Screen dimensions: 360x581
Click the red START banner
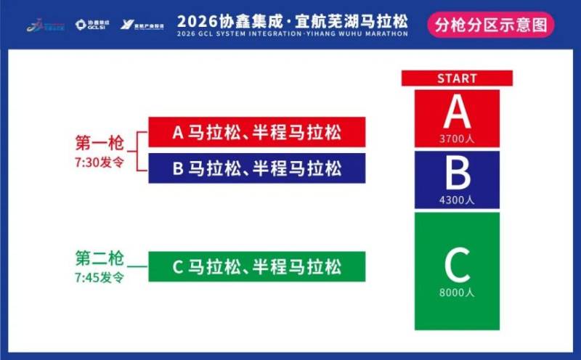457,78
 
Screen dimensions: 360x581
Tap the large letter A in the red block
457,112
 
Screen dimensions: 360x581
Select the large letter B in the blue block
457,173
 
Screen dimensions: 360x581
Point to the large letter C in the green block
457,266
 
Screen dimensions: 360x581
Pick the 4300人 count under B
457,200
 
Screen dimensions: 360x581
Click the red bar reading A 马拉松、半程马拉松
257,133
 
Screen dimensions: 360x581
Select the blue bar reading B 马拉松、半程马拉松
257,168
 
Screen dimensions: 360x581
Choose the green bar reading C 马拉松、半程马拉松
257,266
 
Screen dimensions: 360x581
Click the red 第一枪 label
99,142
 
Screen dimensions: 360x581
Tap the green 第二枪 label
99,258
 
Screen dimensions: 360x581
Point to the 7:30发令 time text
99,160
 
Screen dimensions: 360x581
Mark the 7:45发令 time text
99,277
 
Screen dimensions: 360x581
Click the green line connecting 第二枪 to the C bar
137,266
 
